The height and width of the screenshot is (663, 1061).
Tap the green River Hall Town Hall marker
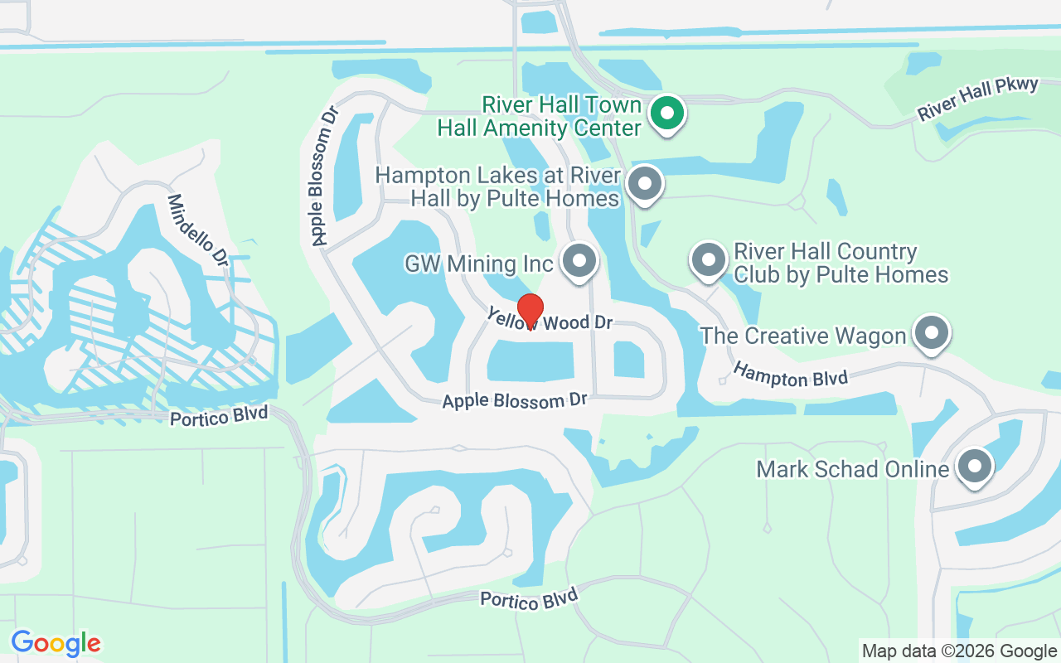point(666,113)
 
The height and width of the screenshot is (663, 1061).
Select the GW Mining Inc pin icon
point(579,261)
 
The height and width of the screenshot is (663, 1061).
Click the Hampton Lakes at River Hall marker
point(645,184)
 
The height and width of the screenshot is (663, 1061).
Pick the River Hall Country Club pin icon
point(708,260)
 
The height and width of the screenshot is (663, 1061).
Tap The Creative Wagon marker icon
point(931,333)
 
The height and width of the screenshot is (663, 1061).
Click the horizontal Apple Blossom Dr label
point(514,400)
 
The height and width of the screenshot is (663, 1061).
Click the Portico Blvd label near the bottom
point(528,599)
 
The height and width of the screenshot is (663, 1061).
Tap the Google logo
point(56,643)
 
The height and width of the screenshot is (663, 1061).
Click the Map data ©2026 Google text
point(959,651)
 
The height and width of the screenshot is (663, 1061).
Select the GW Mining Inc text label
point(478,264)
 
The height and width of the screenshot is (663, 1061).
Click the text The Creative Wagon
point(802,336)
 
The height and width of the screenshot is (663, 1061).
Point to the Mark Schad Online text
point(852,469)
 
